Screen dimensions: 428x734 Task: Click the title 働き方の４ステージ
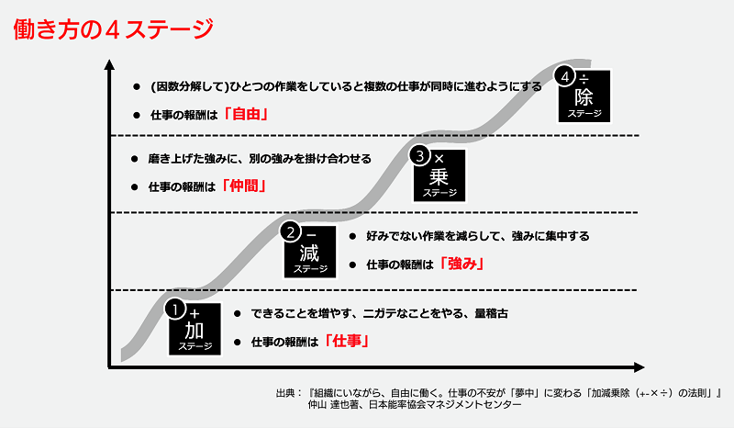tap(114, 28)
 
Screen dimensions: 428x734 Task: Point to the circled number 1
tap(176, 310)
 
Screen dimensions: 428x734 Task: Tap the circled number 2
tap(290, 231)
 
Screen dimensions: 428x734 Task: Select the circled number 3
tap(420, 156)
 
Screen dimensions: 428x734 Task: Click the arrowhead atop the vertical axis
tap(109, 64)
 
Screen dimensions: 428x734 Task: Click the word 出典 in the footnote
tap(288, 394)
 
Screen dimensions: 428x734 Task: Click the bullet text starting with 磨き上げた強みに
tap(259, 158)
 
